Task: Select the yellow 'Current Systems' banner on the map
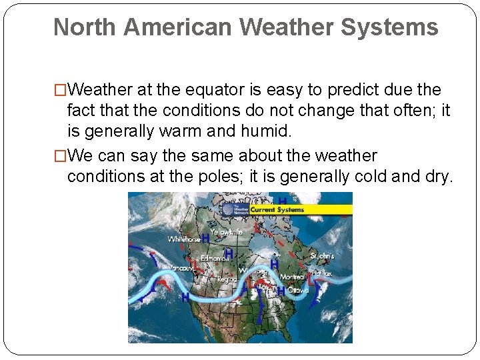(277, 209)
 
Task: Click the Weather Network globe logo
(229, 209)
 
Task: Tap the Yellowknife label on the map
(227, 232)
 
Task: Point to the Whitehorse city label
(184, 239)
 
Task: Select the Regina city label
(227, 279)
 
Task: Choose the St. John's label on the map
(322, 255)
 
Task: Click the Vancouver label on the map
(181, 268)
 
